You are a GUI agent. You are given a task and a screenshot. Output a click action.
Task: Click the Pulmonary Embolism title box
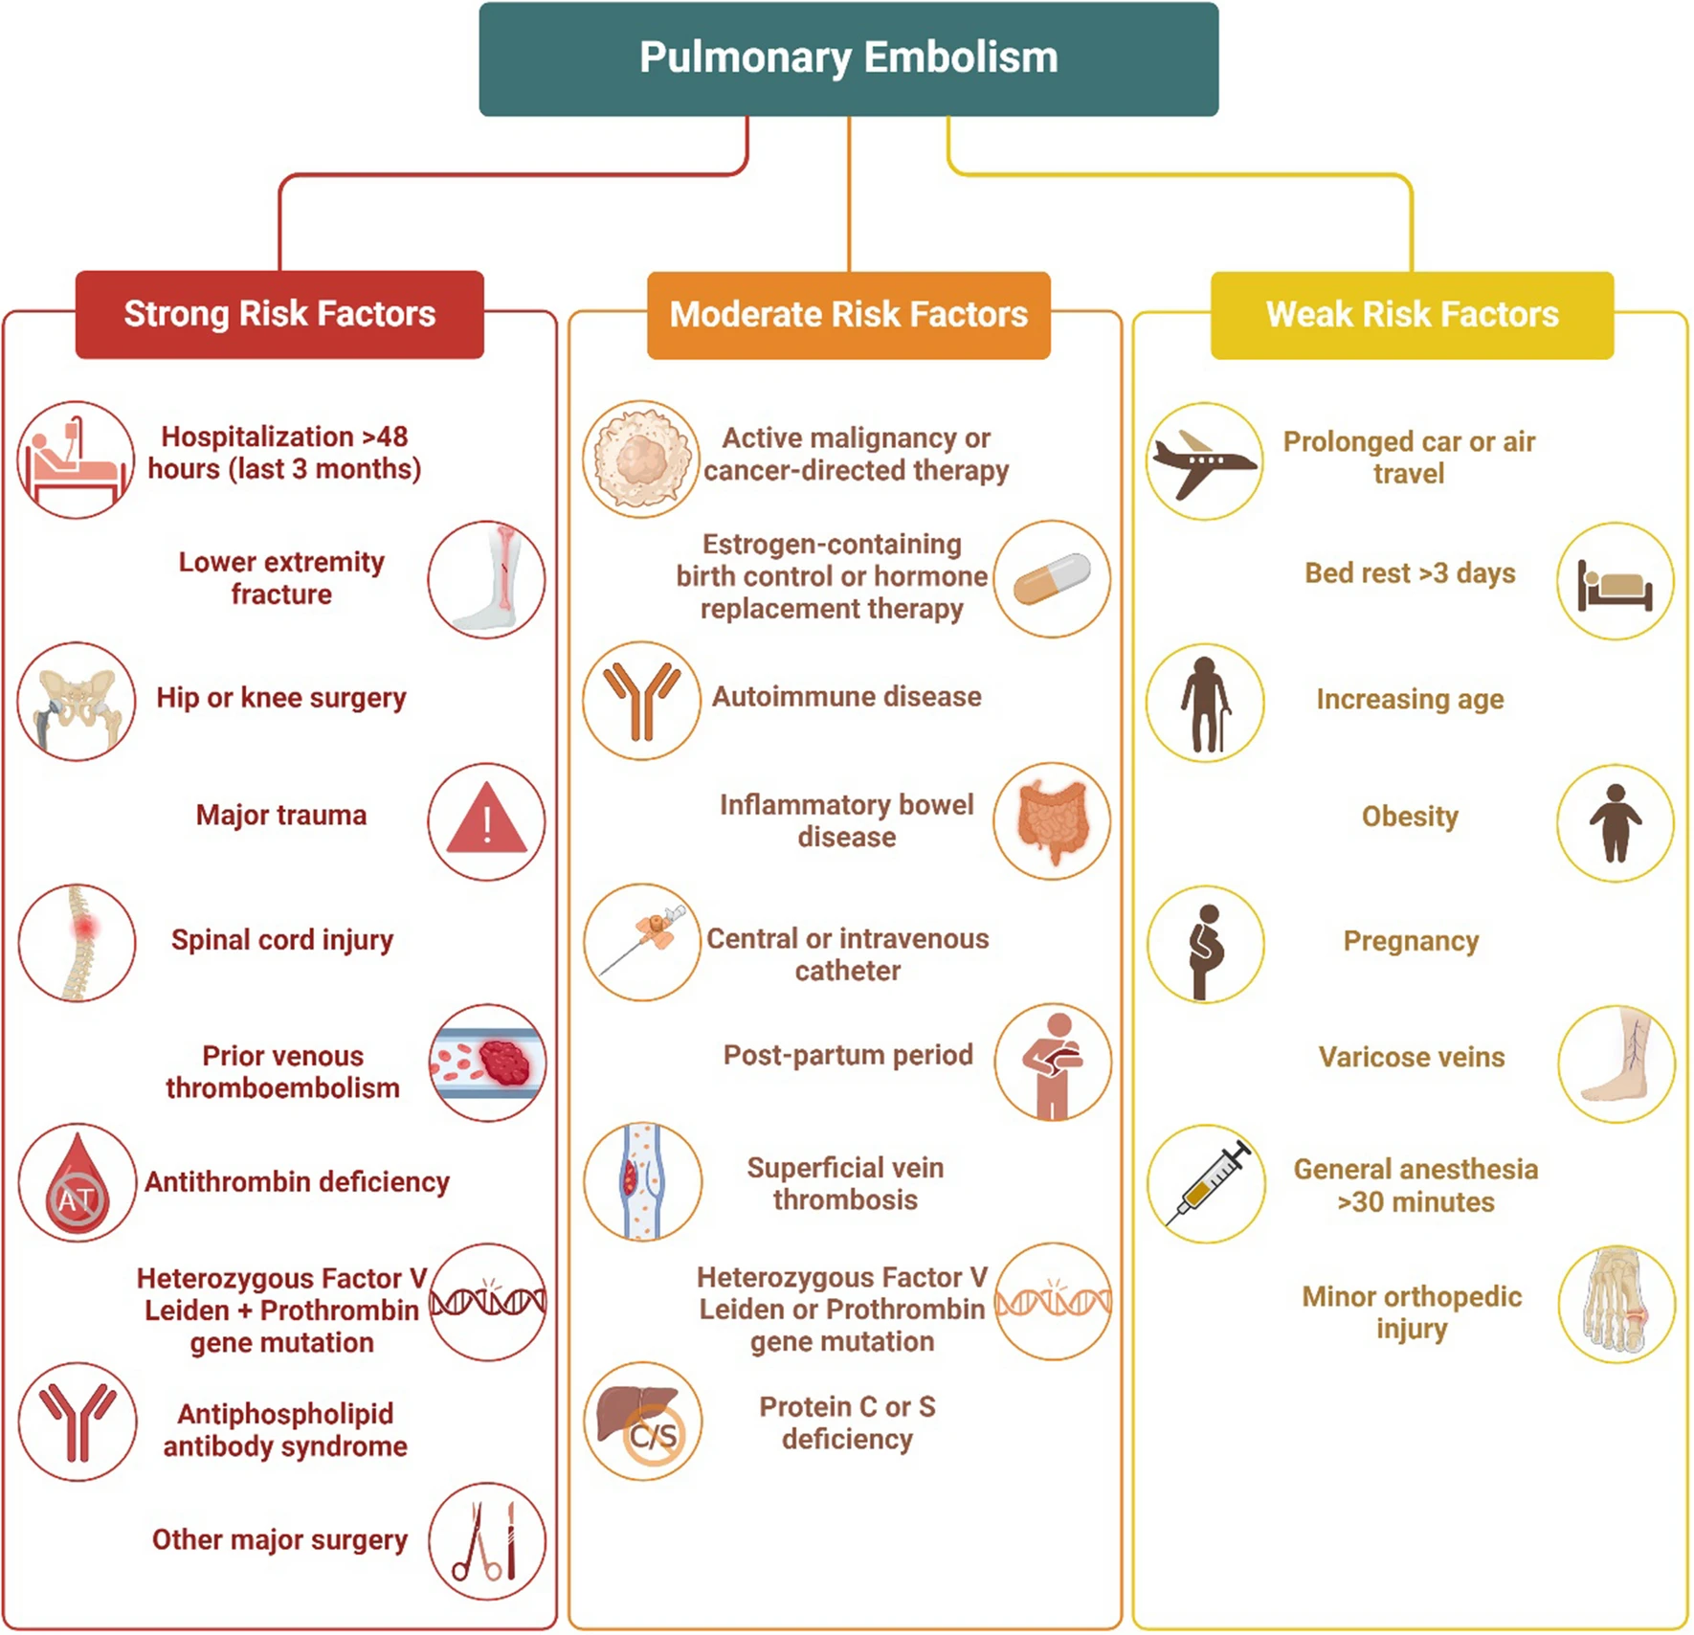tap(848, 58)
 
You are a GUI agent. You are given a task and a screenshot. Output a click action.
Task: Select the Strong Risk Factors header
tap(279, 314)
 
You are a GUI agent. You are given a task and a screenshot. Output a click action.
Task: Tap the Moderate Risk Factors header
tap(848, 315)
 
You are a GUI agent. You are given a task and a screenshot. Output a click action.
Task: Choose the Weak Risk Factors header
tap(1412, 315)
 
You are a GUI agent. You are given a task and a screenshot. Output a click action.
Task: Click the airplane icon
tap(1204, 461)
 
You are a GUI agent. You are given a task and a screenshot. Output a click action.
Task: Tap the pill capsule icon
tap(1052, 579)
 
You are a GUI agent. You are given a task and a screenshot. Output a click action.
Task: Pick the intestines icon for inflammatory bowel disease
tap(1052, 821)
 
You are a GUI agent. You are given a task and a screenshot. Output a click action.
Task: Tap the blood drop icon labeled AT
tap(77, 1182)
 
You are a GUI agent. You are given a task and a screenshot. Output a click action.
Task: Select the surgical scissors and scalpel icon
tap(486, 1541)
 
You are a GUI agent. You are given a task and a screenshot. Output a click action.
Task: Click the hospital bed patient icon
tap(76, 460)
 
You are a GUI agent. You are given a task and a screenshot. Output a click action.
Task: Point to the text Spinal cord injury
tap(282, 940)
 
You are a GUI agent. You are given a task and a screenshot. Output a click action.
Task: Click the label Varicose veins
tap(1412, 1057)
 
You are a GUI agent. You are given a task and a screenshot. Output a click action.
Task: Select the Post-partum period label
tap(848, 1055)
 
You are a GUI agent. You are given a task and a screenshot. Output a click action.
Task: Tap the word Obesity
tap(1410, 817)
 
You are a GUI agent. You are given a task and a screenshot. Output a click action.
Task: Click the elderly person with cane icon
tap(1204, 703)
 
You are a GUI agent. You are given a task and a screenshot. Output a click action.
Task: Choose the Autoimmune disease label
tap(847, 696)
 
